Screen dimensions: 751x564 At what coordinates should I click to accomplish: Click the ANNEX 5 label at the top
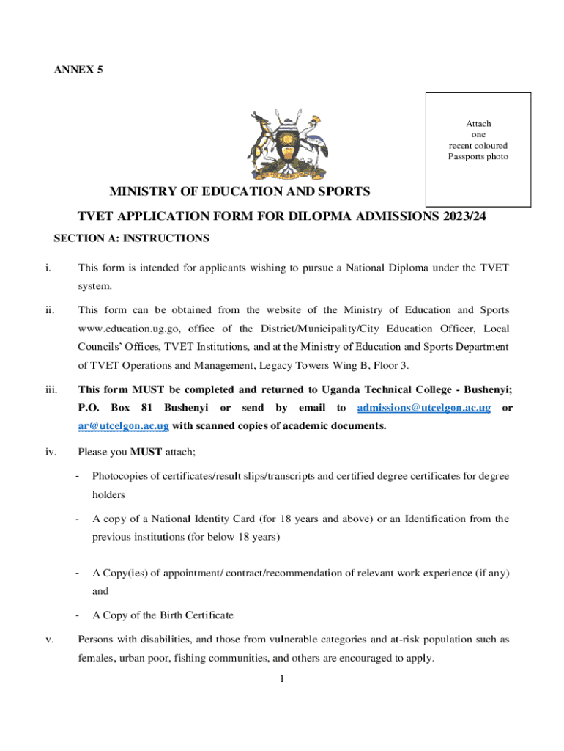tap(78, 70)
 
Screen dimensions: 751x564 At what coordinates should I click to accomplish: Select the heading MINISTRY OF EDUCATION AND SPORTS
tap(240, 192)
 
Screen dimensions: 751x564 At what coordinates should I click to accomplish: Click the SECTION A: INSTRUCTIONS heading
tap(132, 238)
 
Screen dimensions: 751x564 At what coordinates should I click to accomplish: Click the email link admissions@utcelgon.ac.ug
tap(423, 407)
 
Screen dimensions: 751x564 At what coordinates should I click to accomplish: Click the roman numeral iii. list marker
tap(51, 389)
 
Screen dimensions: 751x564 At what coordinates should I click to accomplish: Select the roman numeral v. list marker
tap(49, 640)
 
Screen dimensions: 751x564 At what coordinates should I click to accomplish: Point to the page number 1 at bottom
tap(281, 678)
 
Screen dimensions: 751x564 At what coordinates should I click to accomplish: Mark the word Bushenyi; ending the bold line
tap(486, 389)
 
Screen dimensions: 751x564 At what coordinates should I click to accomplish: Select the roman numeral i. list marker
tap(48, 268)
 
